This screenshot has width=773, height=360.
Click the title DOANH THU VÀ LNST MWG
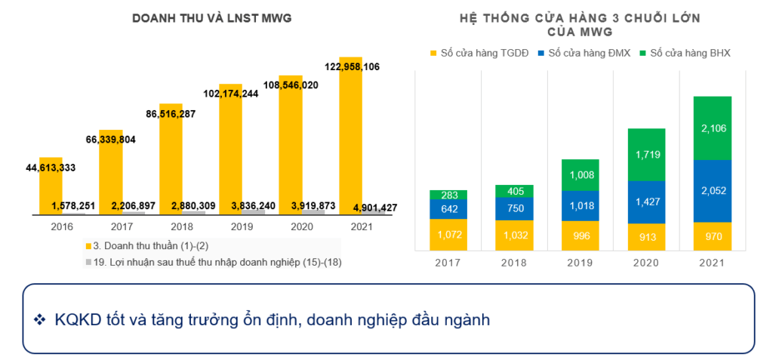point(211,17)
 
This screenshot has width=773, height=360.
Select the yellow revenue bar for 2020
point(291,143)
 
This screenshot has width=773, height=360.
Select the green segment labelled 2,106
point(713,128)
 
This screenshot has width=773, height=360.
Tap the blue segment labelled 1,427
point(646,202)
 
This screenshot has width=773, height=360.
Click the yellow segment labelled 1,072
point(448,235)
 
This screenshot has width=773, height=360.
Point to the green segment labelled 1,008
point(581,175)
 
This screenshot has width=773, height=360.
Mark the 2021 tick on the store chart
point(713,262)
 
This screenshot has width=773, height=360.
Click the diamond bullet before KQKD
point(40,320)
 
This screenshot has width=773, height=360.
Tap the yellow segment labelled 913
point(646,236)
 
